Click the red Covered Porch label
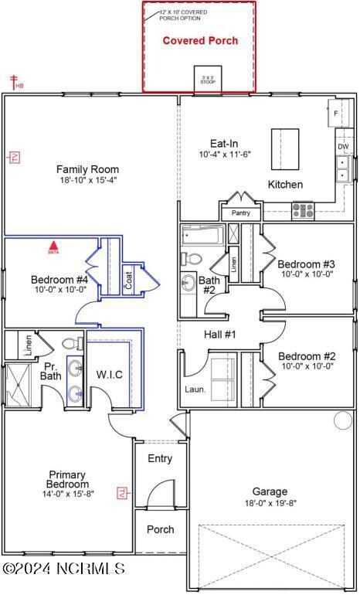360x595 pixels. [199, 40]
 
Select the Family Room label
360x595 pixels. [87, 169]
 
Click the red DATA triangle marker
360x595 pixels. [53, 248]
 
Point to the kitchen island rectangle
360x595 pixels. [285, 148]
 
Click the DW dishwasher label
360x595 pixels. [342, 146]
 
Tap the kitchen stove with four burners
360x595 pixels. [302, 209]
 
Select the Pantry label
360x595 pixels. [240, 212]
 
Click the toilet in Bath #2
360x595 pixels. [193, 259]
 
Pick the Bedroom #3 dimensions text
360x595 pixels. [306, 274]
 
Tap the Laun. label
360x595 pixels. [195, 389]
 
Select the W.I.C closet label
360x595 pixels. [110, 375]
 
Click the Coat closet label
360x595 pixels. [128, 278]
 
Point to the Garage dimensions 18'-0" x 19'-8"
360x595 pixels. [270, 503]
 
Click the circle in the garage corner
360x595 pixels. [342, 420]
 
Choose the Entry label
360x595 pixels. [160, 459]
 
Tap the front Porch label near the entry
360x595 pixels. [160, 530]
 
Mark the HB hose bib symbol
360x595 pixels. [13, 81]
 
